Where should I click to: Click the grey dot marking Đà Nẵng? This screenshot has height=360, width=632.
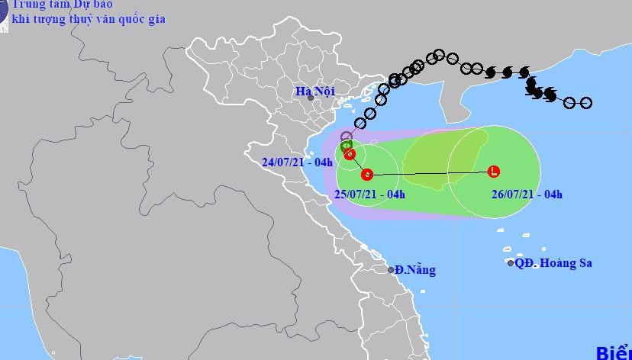pos(390,270)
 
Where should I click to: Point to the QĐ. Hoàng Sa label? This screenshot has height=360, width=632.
pos(553,263)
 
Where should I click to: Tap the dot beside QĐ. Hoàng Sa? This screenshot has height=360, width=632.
pos(511,263)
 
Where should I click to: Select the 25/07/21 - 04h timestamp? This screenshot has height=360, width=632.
pos(369,194)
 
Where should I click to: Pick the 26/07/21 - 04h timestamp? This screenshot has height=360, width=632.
pos(527,194)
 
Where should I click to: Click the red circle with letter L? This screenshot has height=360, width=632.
pos(493,171)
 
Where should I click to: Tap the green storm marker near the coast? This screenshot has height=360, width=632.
pos(346,145)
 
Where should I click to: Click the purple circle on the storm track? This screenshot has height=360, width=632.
pos(346,137)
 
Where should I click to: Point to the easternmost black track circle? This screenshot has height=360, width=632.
pos(586,103)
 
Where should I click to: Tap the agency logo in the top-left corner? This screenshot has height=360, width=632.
pos(3,15)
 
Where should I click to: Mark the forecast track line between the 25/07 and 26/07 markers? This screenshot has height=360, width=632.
pos(427,175)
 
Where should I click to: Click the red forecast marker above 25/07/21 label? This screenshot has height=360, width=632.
pos(366,174)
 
